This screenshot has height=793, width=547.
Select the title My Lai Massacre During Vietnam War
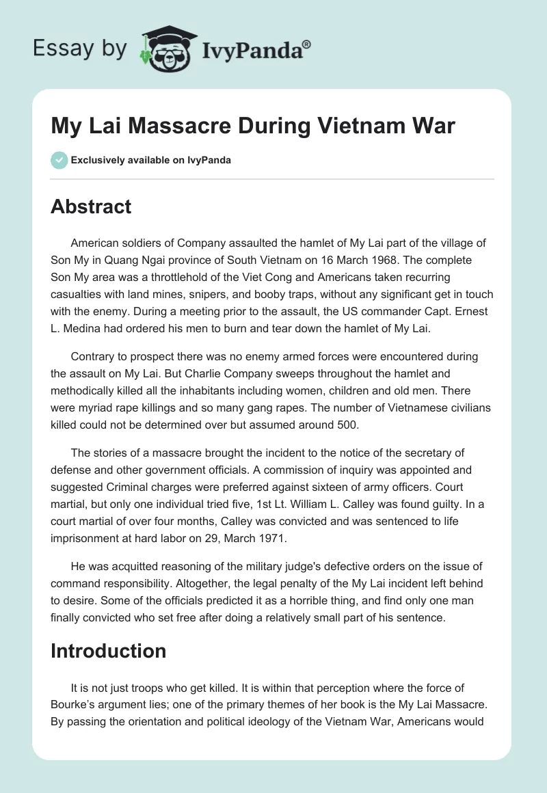(253, 126)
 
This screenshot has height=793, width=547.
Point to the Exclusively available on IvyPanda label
(151, 160)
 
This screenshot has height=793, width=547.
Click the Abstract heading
(91, 207)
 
